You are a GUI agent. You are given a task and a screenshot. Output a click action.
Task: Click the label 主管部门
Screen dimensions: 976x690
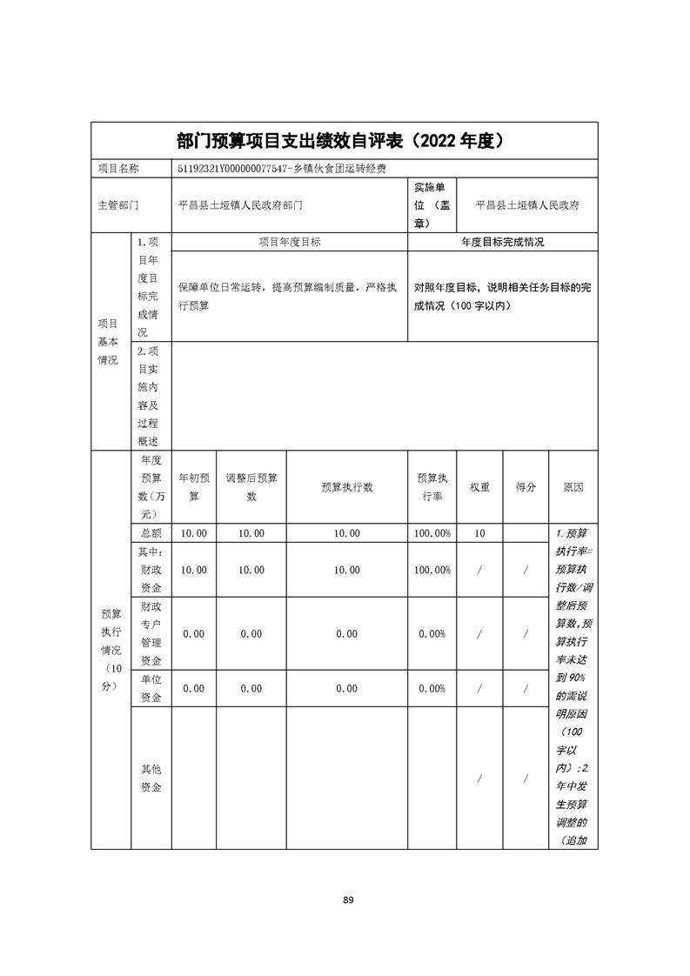(x=118, y=206)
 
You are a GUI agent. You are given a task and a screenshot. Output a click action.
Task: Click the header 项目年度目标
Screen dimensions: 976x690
(x=290, y=243)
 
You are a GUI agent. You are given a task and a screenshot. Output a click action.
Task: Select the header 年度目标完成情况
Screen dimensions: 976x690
(x=502, y=243)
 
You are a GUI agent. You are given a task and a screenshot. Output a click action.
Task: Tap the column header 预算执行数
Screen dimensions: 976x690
(x=346, y=487)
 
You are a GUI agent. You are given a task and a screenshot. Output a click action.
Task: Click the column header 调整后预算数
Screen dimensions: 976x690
(x=251, y=487)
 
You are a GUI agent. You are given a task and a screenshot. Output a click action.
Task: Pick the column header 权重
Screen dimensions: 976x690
(x=479, y=487)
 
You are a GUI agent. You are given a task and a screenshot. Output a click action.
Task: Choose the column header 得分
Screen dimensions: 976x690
(x=526, y=487)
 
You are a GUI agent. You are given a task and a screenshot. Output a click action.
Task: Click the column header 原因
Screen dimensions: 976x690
(x=573, y=487)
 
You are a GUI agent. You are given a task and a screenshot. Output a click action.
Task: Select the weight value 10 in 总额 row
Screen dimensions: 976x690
(x=479, y=533)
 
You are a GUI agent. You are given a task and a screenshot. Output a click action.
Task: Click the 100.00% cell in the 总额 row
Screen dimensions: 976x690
(x=433, y=533)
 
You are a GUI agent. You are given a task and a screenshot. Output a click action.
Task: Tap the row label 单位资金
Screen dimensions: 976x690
(x=151, y=688)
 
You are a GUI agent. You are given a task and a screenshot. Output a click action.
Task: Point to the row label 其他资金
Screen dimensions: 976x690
(x=151, y=778)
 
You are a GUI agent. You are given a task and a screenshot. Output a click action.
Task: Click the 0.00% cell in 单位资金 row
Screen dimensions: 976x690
(x=433, y=688)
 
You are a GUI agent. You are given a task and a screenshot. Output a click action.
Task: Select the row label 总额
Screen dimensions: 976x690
(x=151, y=533)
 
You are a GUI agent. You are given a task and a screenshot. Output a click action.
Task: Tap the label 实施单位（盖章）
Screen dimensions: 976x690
(x=432, y=206)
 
